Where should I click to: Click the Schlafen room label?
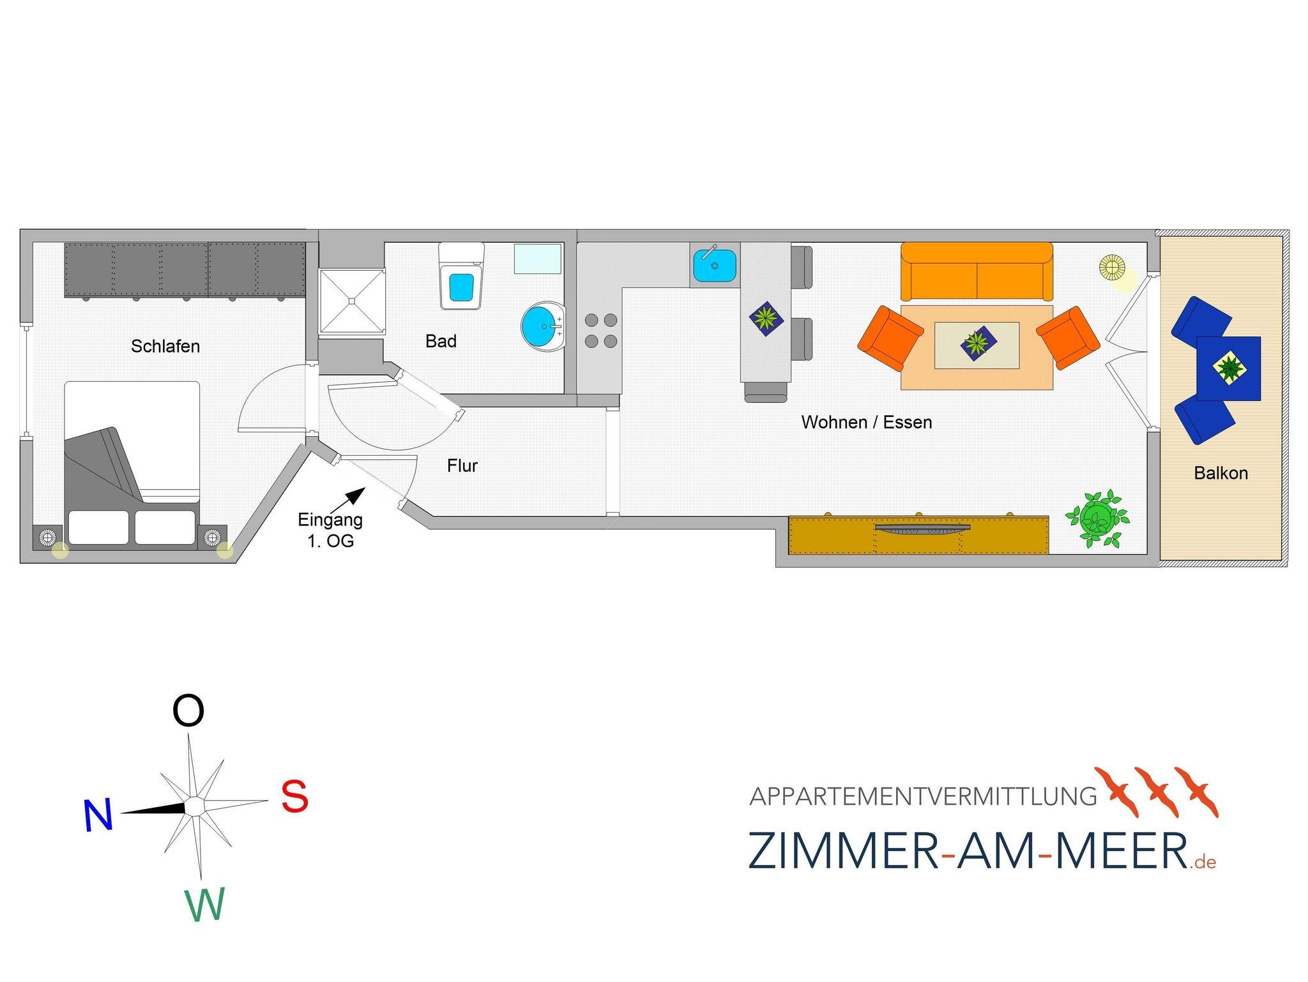click(x=165, y=346)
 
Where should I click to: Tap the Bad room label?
click(x=441, y=341)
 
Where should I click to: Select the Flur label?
click(x=462, y=465)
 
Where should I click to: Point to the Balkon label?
click(x=1221, y=473)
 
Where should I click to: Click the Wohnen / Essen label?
click(x=867, y=422)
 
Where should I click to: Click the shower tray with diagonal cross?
click(x=352, y=301)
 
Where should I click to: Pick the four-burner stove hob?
click(x=601, y=331)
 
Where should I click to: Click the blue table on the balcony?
click(x=1228, y=368)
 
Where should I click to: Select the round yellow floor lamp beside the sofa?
click(x=1112, y=266)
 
